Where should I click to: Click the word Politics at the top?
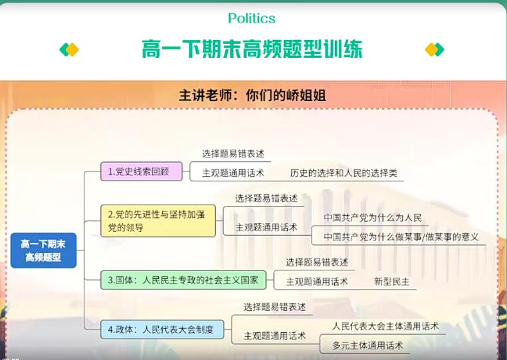(251, 19)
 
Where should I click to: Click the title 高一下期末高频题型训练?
(252, 50)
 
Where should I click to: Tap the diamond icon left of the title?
(69, 50)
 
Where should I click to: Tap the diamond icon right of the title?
(435, 50)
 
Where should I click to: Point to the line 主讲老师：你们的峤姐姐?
(252, 95)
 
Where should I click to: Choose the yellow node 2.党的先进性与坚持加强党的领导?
(158, 221)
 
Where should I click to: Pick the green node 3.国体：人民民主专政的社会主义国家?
(183, 280)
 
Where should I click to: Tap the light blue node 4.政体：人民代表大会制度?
(161, 329)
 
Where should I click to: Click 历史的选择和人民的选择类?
(344, 173)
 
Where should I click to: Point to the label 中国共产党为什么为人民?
(373, 218)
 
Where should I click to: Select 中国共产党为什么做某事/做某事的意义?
(401, 236)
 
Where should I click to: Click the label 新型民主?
(392, 282)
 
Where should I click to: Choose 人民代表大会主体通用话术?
(385, 326)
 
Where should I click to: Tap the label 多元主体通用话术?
(367, 345)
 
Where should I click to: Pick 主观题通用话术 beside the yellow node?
(266, 227)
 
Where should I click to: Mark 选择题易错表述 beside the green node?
(317, 262)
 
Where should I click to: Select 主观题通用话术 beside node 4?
(275, 336)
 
